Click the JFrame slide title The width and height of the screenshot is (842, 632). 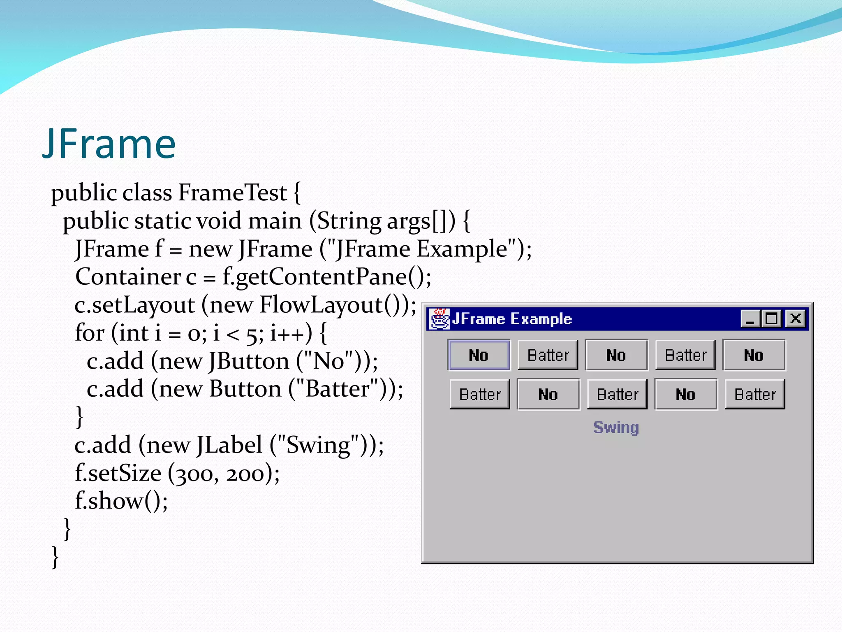pyautogui.click(x=109, y=144)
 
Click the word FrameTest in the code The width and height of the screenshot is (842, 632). pyautogui.click(x=232, y=193)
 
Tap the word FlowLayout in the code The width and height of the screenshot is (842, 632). pyautogui.click(x=321, y=305)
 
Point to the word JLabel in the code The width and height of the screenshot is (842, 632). pyautogui.click(x=229, y=445)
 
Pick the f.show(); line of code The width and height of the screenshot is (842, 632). pyautogui.click(x=121, y=501)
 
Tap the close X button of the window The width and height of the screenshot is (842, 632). pyautogui.click(x=796, y=318)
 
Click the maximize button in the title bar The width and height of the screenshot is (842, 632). pyautogui.click(x=771, y=318)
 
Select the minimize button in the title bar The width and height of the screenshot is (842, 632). pyautogui.click(x=750, y=318)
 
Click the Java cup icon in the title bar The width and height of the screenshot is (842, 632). pyautogui.click(x=439, y=319)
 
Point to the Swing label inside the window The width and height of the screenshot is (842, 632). pyautogui.click(x=616, y=428)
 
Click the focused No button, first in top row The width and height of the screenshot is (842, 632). pyautogui.click(x=479, y=355)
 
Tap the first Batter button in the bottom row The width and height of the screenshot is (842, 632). pyautogui.click(x=480, y=395)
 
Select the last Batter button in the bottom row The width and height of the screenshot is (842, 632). pyautogui.click(x=755, y=395)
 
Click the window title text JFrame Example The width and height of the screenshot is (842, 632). pyautogui.click(x=512, y=319)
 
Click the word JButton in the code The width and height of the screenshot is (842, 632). pyautogui.click(x=249, y=361)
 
